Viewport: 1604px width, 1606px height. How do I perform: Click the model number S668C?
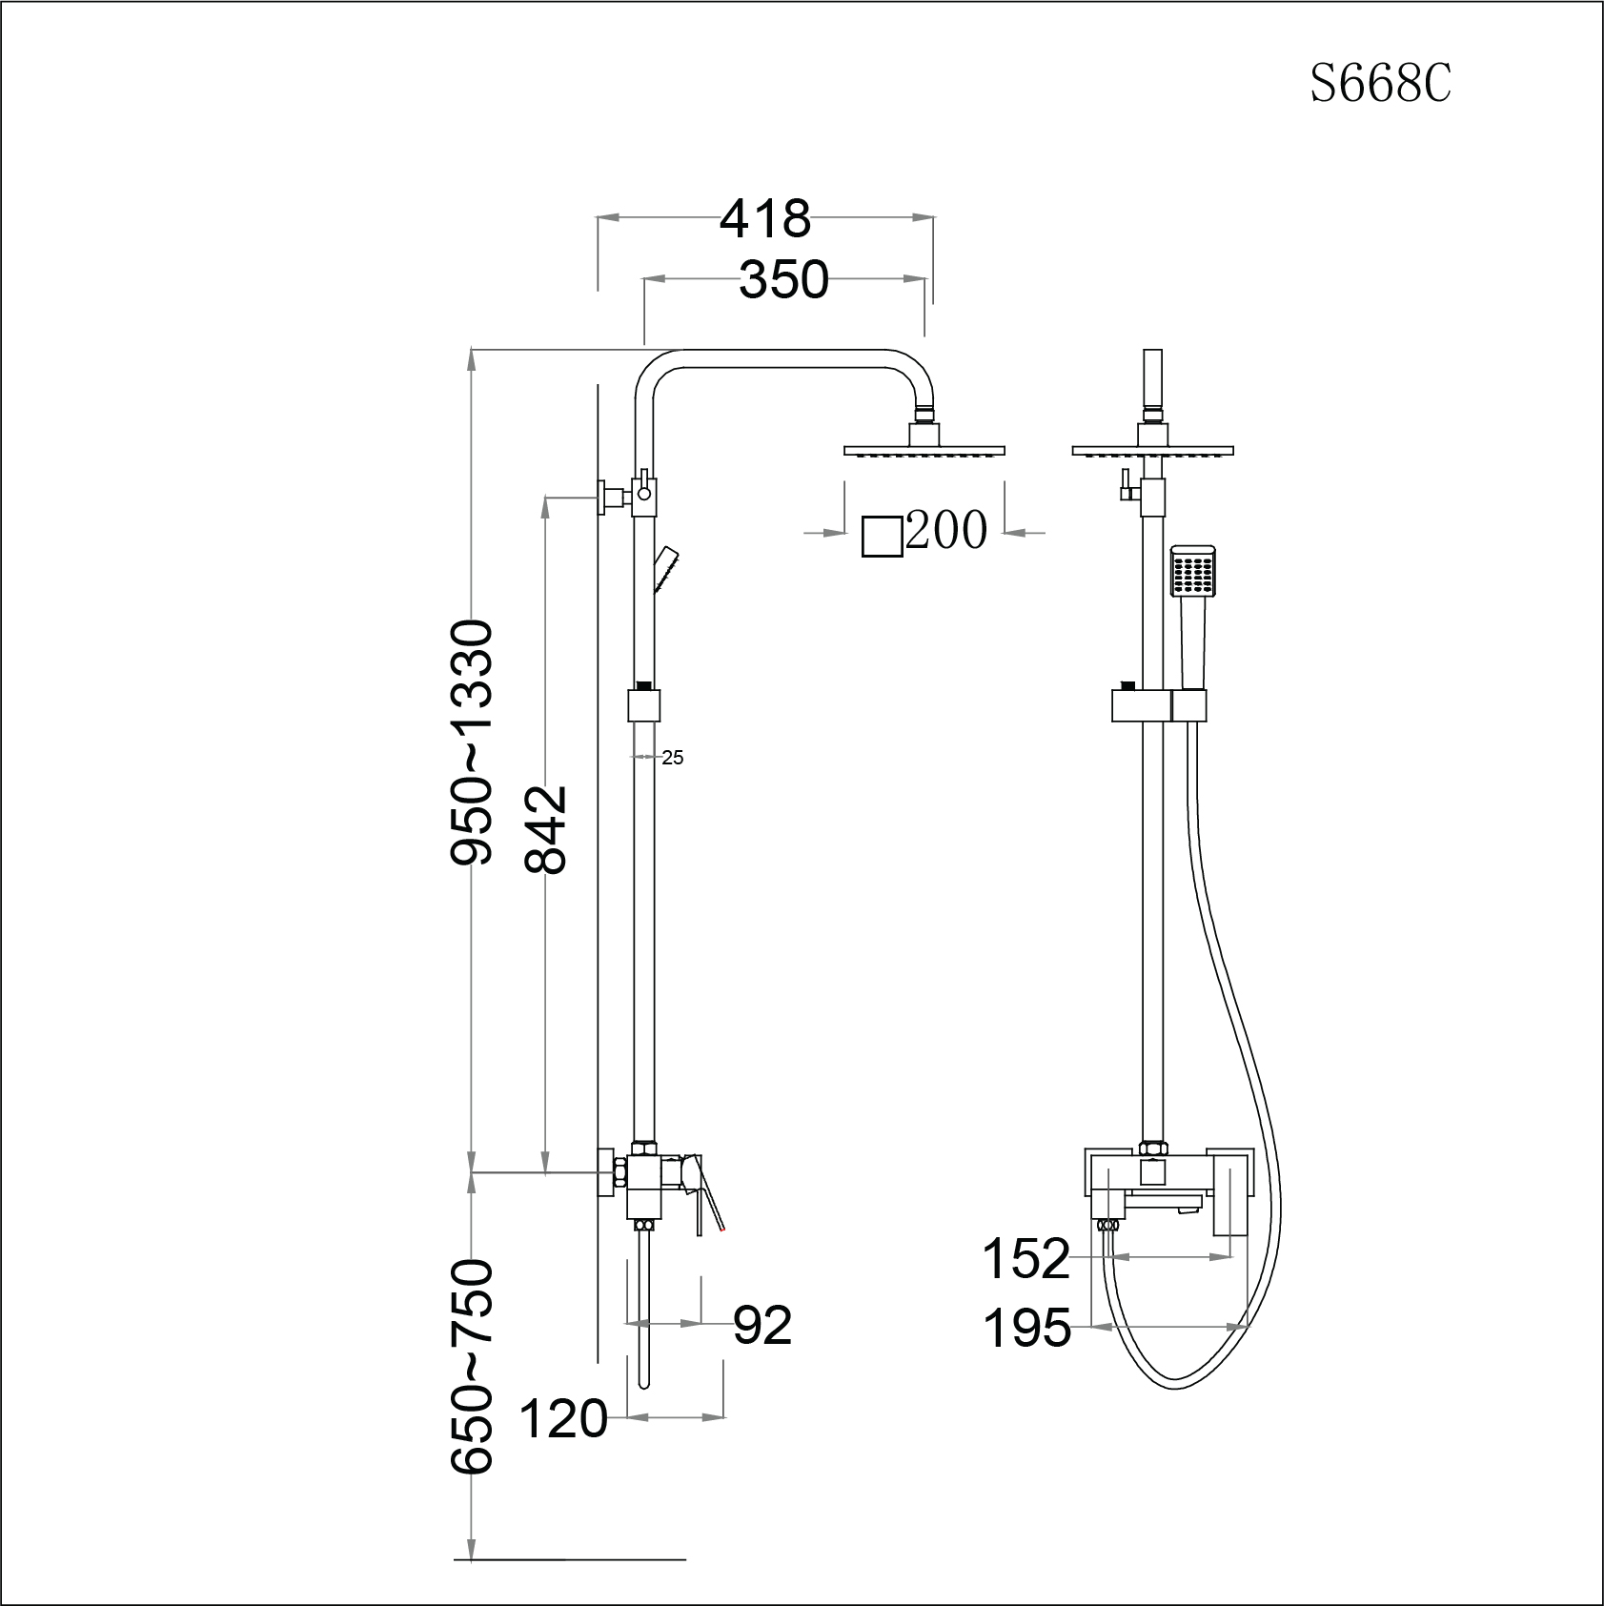tap(1380, 85)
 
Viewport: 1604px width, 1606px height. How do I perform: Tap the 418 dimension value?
tap(764, 219)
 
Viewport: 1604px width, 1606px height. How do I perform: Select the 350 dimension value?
tap(783, 280)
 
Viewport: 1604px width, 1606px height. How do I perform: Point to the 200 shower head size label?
tap(945, 531)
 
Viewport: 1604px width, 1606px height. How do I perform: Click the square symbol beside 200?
tap(882, 537)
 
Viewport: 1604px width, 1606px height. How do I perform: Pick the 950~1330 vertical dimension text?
tap(473, 742)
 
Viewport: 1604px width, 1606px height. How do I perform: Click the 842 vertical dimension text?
tap(547, 829)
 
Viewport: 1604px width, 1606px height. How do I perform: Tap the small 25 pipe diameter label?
tap(673, 758)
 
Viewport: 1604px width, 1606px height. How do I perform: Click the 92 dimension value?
tap(762, 1325)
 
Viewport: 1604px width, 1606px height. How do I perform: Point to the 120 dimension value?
tap(563, 1419)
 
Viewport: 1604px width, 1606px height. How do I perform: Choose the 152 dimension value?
tap(1026, 1259)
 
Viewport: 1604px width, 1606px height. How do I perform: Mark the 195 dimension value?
tap(1026, 1328)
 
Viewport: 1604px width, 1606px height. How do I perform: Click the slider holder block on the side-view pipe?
tap(644, 706)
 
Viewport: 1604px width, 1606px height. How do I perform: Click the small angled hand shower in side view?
tap(665, 569)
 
